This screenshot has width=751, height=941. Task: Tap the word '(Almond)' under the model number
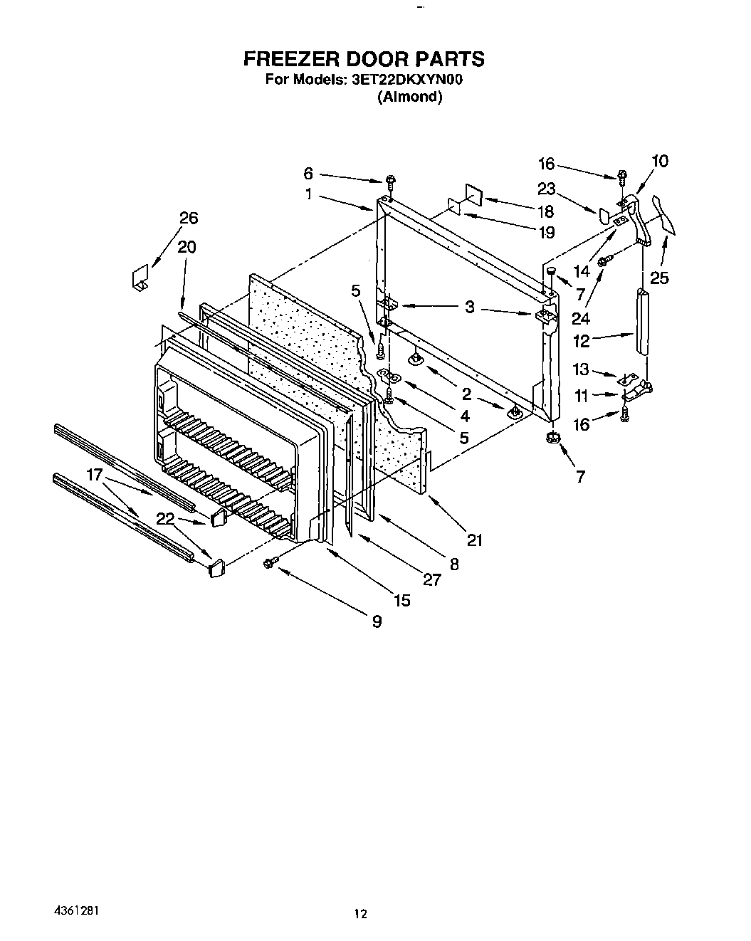(x=409, y=97)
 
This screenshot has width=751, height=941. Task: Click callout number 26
(x=189, y=218)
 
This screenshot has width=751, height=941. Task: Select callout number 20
(x=187, y=247)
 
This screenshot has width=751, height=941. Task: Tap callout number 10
(x=660, y=161)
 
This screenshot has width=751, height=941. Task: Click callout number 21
(x=475, y=540)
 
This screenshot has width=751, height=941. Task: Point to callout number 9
(x=377, y=621)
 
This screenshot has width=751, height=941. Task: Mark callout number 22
(x=166, y=519)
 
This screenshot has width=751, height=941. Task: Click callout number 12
(x=582, y=341)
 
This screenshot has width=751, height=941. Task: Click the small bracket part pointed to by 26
(x=140, y=278)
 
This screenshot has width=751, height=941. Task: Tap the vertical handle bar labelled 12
(x=643, y=320)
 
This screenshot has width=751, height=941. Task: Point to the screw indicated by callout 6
(x=390, y=178)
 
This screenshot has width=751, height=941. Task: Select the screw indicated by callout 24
(x=604, y=263)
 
